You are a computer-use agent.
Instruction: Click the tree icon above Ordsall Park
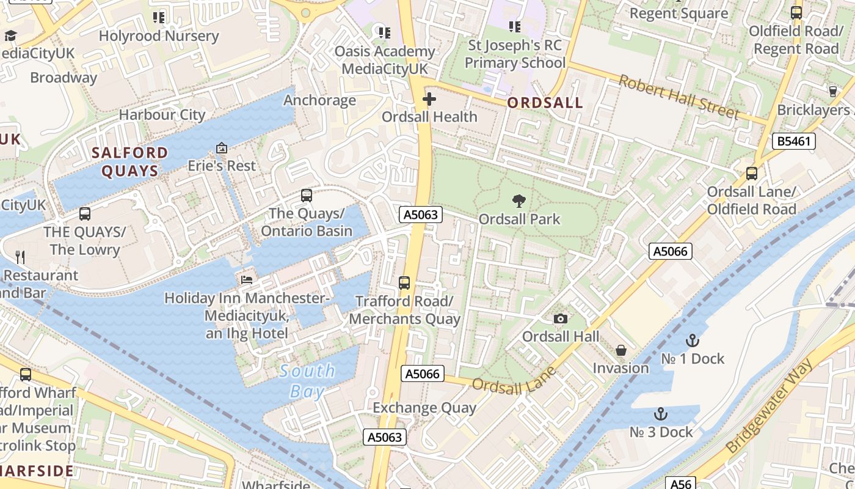pyautogui.click(x=519, y=200)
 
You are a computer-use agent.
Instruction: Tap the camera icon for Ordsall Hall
pyautogui.click(x=560, y=318)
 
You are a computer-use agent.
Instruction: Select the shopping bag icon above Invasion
pyautogui.click(x=620, y=350)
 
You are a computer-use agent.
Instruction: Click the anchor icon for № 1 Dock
pyautogui.click(x=692, y=340)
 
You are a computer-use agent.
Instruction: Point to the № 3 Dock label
pyautogui.click(x=661, y=432)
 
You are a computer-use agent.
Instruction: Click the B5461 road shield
pyautogui.click(x=794, y=141)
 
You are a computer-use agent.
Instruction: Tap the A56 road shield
pyautogui.click(x=681, y=483)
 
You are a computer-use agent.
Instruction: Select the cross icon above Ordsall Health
pyautogui.click(x=429, y=98)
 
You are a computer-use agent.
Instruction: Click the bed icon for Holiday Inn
pyautogui.click(x=247, y=279)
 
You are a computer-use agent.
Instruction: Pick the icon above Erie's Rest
pyautogui.click(x=221, y=148)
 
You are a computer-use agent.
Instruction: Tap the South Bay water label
pyautogui.click(x=307, y=381)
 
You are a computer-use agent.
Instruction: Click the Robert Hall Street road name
pyautogui.click(x=679, y=97)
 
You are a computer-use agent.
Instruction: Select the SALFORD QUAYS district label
pyautogui.click(x=130, y=161)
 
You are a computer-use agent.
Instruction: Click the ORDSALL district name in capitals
pyautogui.click(x=545, y=103)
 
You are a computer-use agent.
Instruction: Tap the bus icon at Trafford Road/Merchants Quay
pyautogui.click(x=404, y=283)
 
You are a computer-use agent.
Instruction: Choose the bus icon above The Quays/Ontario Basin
pyautogui.click(x=307, y=196)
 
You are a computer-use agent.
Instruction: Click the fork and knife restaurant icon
pyautogui.click(x=21, y=257)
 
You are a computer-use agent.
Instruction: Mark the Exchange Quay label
pyautogui.click(x=424, y=407)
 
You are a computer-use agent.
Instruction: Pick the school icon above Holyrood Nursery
pyautogui.click(x=159, y=18)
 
